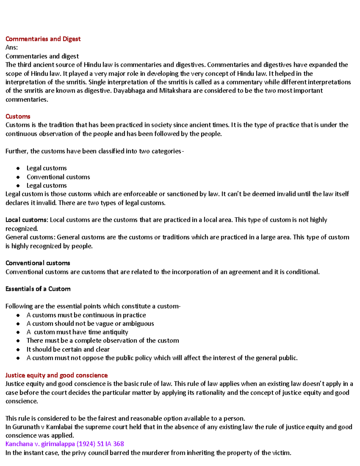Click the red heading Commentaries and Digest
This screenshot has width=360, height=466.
[43, 39]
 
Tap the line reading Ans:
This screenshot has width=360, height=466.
[11, 47]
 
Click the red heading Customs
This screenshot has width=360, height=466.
[18, 116]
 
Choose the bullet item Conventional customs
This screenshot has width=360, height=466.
[58, 177]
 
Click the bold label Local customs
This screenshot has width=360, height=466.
[26, 220]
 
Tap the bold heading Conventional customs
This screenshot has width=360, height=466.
[38, 263]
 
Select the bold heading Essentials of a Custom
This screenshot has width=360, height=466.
[38, 289]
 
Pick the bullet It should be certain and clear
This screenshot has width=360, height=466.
[68, 350]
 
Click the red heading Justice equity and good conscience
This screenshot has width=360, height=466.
[56, 375]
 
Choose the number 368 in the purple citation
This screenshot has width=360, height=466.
[118, 444]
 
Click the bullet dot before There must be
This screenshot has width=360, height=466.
[18, 341]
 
